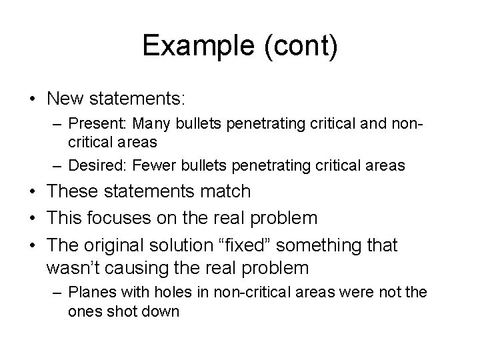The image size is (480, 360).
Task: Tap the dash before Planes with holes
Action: click(59, 294)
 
